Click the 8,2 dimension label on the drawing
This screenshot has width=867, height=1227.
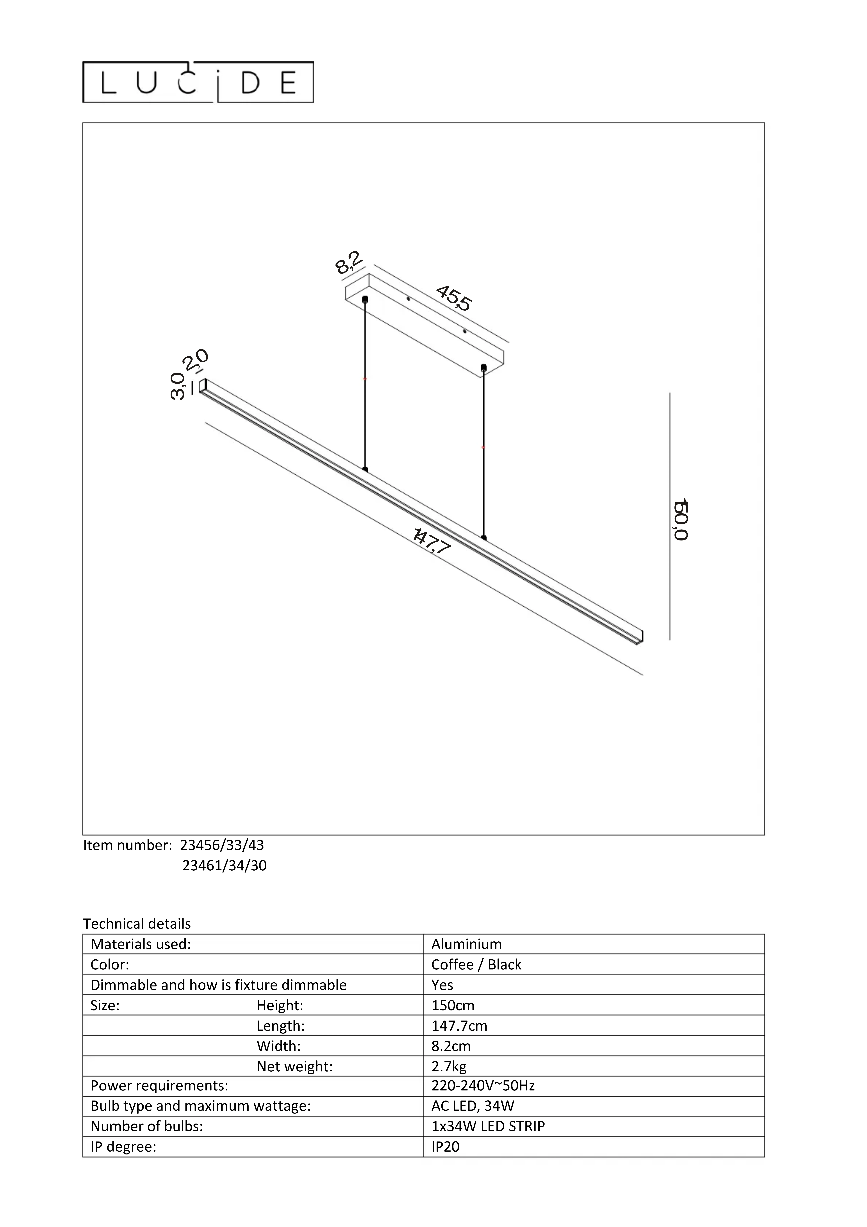(348, 262)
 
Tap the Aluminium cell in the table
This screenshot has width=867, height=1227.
(466, 944)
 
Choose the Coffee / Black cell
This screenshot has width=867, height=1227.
(476, 965)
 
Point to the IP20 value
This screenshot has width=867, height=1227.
(445, 1147)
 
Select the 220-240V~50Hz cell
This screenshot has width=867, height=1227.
(483, 1086)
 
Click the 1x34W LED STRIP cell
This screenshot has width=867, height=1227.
(487, 1127)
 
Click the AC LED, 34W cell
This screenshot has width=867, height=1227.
(473, 1106)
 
